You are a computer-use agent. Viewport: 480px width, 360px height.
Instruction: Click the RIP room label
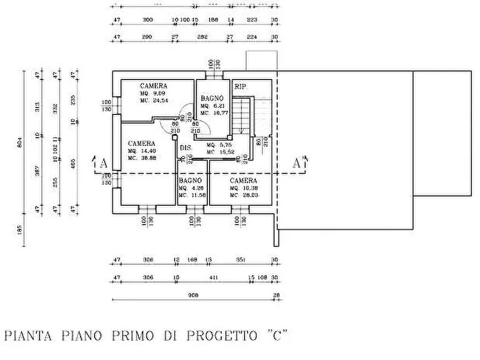pos(239,86)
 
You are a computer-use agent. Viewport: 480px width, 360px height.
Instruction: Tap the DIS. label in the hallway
pos(186,148)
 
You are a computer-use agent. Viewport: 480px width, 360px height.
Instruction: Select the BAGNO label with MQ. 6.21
pos(212,99)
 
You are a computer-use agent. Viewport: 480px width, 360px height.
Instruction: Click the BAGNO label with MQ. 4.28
pos(190,181)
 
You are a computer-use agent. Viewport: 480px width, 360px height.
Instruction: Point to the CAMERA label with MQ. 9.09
pos(154,86)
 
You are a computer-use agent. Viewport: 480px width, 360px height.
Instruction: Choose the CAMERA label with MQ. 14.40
pos(141,143)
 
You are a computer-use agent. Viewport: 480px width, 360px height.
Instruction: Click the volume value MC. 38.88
pos(141,159)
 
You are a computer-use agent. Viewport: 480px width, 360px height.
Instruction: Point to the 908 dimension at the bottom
pos(194,295)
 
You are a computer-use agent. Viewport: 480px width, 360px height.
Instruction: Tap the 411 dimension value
pos(213,278)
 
